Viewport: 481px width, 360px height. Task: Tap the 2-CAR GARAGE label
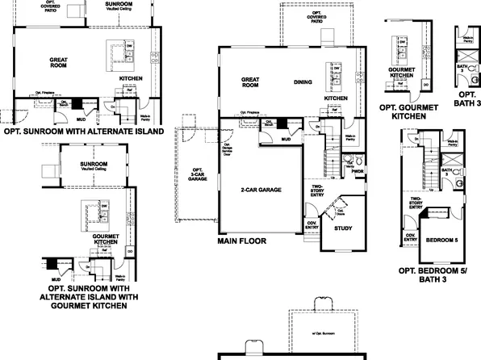click(261, 190)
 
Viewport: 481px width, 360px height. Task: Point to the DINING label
click(303, 81)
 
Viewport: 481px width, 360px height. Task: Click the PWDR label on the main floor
click(358, 170)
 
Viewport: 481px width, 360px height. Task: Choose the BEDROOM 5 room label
click(441, 241)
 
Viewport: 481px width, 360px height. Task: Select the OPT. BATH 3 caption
click(468, 100)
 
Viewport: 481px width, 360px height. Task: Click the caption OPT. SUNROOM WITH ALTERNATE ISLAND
click(84, 130)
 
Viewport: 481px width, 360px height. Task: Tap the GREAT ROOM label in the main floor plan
click(249, 82)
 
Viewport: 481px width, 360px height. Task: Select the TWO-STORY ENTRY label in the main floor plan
click(319, 190)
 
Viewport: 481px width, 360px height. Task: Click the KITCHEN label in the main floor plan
click(336, 98)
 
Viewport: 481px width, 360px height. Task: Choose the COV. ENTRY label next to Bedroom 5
click(410, 237)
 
